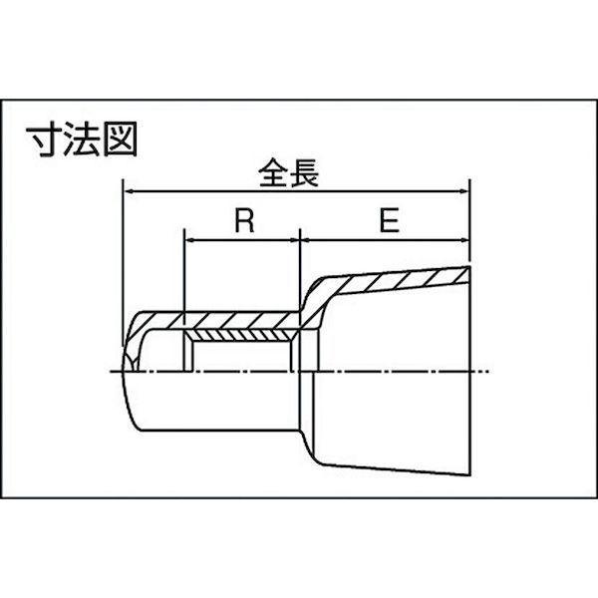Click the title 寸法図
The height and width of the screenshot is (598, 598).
point(82,140)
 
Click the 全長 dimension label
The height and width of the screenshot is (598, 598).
point(288,172)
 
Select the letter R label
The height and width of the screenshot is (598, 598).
point(244,221)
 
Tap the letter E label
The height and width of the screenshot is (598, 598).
point(389,220)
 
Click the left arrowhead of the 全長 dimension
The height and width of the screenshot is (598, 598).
point(129,191)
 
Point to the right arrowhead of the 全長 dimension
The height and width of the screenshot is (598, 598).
point(463,191)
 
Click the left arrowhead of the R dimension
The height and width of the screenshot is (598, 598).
point(189,240)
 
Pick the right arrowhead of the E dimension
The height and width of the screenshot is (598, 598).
point(463,240)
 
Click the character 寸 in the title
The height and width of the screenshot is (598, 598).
point(44,140)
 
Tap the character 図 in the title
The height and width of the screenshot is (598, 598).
point(121,140)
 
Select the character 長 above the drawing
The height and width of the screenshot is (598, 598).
point(304,173)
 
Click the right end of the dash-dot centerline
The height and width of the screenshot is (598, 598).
point(488,371)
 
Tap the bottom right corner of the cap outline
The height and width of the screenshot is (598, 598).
point(469,475)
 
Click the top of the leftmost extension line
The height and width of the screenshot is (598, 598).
point(123,178)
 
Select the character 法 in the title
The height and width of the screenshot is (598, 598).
point(82,140)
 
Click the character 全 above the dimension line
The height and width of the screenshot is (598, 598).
point(273,172)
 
